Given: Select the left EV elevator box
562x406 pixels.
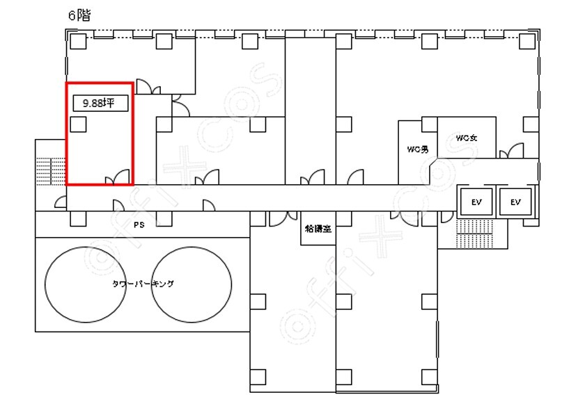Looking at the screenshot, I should coord(477,202).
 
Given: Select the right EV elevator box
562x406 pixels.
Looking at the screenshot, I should coord(515,202).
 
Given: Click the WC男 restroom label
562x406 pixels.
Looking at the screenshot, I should coord(417,148).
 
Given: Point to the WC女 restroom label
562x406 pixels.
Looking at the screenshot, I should coord(466,138).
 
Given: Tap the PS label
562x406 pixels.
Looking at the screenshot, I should coord(139,225).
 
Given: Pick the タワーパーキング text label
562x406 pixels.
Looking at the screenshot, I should coord(143,284).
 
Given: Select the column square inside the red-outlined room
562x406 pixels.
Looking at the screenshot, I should coord(78,124).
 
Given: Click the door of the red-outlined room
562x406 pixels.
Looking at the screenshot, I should coord(118,177).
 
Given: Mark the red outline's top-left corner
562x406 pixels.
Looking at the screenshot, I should coord(67,83).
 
